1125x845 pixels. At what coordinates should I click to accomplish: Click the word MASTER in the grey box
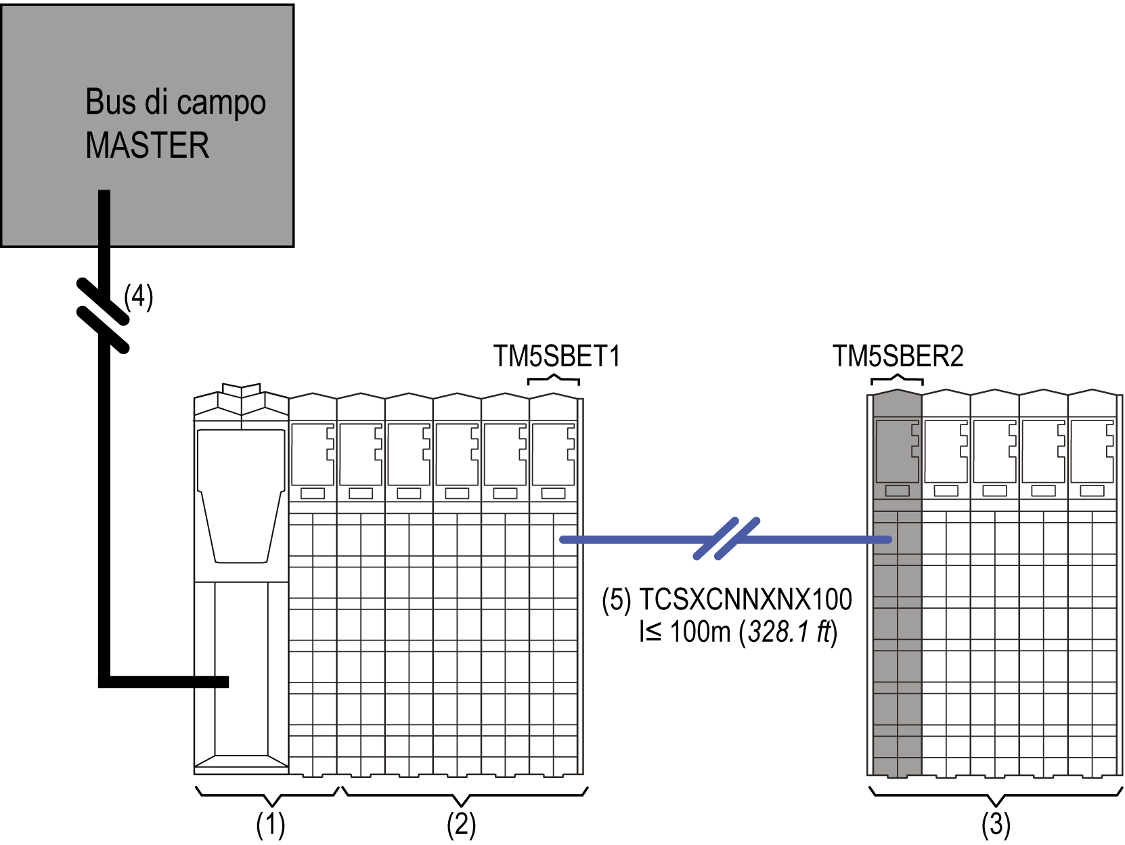(147, 145)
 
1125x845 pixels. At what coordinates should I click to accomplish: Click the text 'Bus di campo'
(175, 103)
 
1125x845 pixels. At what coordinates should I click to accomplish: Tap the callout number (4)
(139, 297)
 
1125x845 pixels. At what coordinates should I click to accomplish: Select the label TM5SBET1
(556, 356)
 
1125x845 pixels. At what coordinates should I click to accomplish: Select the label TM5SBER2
(898, 356)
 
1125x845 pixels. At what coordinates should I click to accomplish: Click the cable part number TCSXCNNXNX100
(745, 600)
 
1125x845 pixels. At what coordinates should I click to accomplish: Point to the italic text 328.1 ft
(789, 632)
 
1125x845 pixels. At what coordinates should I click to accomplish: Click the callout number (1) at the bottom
(270, 825)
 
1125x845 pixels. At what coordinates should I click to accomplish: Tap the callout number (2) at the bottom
(461, 825)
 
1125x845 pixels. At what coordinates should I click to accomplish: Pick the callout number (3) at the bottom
(996, 825)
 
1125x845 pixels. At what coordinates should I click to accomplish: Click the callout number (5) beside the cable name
(617, 600)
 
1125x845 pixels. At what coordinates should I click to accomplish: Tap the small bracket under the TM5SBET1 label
(554, 379)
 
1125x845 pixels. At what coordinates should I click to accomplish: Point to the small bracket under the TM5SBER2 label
(897, 379)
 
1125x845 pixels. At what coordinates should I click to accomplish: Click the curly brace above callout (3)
(996, 795)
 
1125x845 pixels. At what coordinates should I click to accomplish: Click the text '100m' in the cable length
(701, 632)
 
